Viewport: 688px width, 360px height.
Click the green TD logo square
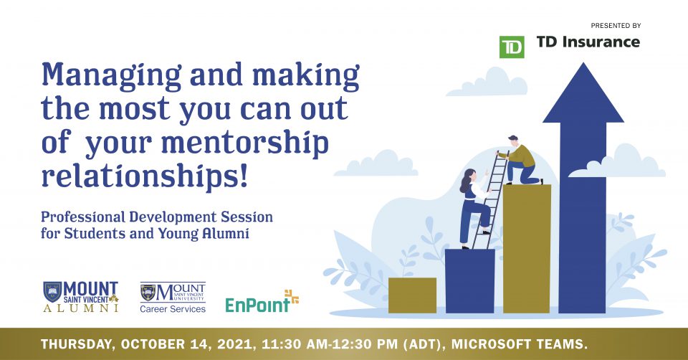click(x=512, y=47)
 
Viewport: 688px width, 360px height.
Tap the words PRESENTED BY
click(x=616, y=26)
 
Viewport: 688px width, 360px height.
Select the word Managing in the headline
click(x=111, y=75)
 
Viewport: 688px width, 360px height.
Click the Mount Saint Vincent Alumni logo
click(x=81, y=297)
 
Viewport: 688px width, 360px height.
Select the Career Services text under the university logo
click(x=173, y=309)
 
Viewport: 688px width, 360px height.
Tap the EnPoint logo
click(x=262, y=302)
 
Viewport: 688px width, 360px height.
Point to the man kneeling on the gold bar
click(x=521, y=160)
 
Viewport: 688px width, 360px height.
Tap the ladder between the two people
click(x=490, y=199)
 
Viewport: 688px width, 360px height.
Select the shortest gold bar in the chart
click(x=413, y=295)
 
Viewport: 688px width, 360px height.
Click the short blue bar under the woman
click(x=470, y=281)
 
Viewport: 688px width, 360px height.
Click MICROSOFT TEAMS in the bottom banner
click(x=520, y=344)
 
